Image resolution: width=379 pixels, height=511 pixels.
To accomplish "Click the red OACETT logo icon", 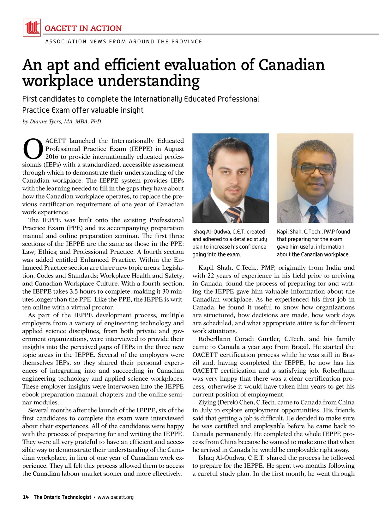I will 32,28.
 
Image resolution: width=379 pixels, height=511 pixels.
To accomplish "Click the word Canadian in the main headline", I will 292,65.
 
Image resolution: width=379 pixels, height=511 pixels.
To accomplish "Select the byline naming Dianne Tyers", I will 62,122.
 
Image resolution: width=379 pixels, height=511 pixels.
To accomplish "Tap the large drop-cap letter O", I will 33,149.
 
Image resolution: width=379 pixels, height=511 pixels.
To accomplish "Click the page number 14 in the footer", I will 26,497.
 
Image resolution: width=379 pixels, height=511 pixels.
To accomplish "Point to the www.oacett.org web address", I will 116,497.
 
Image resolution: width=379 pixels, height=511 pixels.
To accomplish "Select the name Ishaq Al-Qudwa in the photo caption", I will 211,232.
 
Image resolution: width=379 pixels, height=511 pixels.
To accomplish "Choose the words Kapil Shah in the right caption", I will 289,232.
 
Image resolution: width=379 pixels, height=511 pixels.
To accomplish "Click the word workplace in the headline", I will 58,81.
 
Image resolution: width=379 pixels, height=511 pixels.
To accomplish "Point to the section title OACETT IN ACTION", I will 83,28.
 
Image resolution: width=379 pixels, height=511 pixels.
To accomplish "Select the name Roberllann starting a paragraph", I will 214,339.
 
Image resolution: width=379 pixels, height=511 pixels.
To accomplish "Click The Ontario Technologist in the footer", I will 63,497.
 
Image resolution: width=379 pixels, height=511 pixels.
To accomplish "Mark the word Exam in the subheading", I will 61,110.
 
